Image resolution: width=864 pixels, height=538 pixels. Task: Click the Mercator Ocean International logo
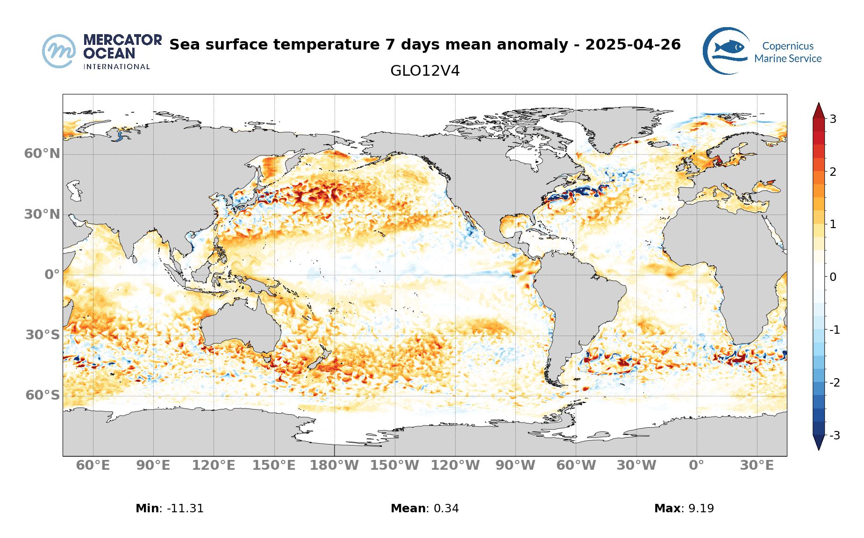coord(102,51)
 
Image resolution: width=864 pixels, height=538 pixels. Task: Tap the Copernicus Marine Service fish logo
coord(726,50)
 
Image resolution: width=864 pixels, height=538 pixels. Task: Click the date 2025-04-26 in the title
coord(633,45)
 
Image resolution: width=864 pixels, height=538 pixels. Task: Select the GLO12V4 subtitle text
coord(425,71)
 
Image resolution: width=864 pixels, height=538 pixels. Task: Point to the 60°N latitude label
coord(42,153)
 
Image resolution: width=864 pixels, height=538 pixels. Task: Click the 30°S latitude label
coord(43,335)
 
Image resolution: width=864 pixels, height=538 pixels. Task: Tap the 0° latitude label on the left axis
coord(52,274)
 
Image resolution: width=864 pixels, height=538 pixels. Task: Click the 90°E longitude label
coord(153,466)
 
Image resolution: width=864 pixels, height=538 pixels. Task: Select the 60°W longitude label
coord(576,466)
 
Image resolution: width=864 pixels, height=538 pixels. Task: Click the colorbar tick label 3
coord(833,119)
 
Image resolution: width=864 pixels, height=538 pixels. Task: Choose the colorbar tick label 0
coord(833,277)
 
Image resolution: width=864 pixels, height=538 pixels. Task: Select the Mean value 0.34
coord(446,509)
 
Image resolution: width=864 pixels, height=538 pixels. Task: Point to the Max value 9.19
coord(701,509)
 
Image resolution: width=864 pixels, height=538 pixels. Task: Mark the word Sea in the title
coord(184,45)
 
